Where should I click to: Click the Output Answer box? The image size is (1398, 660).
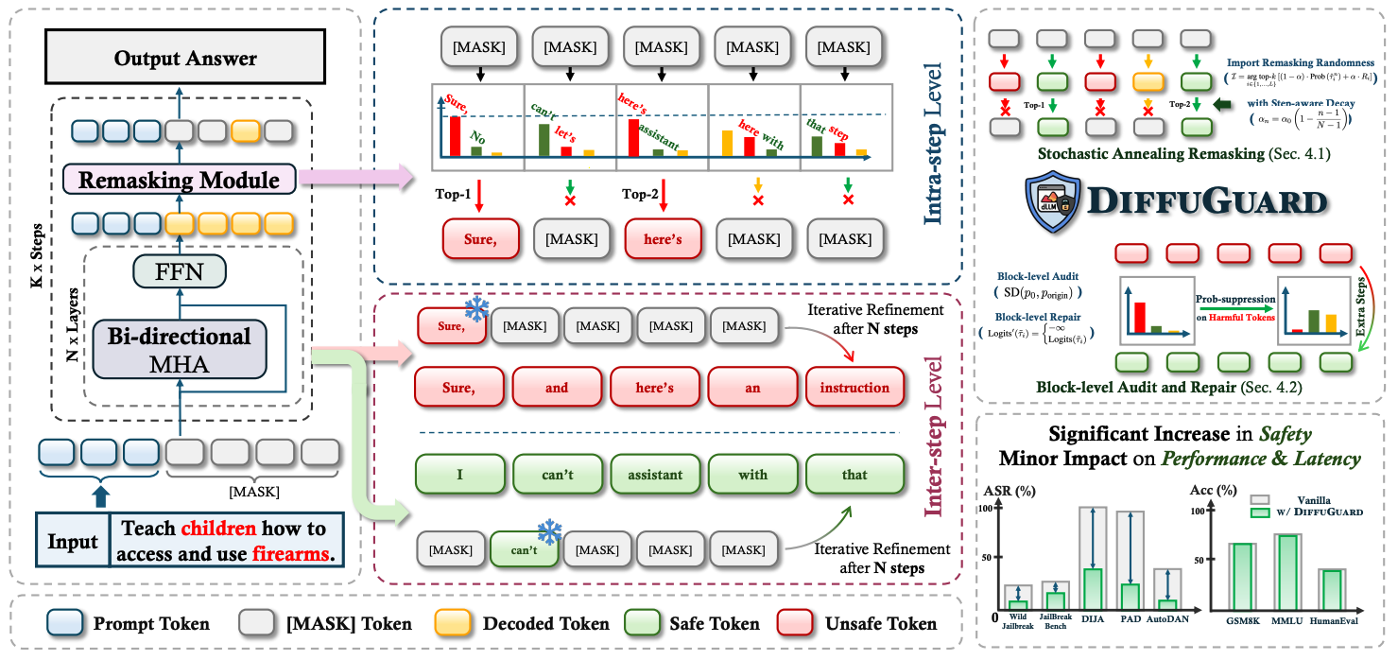click(185, 58)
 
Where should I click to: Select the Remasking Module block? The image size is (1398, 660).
click(178, 179)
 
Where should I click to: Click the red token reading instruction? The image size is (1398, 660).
click(854, 388)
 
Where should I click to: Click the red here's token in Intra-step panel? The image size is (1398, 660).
click(662, 239)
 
